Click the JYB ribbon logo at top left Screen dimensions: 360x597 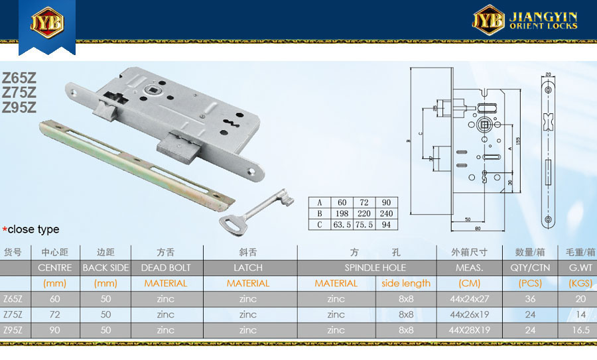pos(46,24)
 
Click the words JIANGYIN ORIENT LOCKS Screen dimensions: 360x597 pos(543,21)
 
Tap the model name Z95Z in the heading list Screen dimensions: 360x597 pos(19,107)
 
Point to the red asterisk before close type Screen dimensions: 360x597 pos(5,229)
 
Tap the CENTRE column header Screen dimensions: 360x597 pos(55,268)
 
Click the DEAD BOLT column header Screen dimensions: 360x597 pos(166,268)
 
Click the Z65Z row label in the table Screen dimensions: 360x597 pos(13,299)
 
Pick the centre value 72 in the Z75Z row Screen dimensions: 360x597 pos(55,314)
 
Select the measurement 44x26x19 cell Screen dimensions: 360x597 pos(470,314)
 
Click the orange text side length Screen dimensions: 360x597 pos(407,283)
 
